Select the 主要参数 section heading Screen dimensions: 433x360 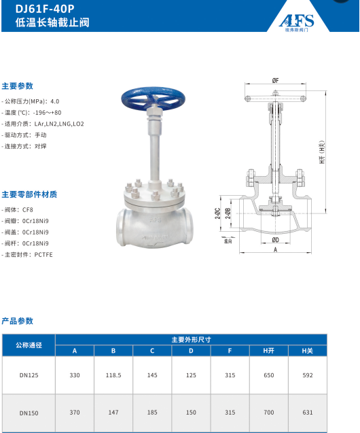pos(17,86)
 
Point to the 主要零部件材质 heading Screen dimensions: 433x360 pos(29,194)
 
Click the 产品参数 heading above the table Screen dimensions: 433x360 pos(17,321)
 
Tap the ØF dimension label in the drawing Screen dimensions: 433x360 pos(276,81)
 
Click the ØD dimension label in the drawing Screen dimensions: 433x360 pos(276,240)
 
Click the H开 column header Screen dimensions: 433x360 pos(268,351)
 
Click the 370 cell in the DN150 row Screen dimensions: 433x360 pos(75,413)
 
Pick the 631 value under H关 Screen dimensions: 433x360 pos(307,413)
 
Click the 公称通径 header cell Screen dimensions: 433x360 pos(29,345)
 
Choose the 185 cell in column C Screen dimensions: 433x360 pos(152,413)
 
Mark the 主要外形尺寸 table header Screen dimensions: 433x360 pos(191,339)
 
